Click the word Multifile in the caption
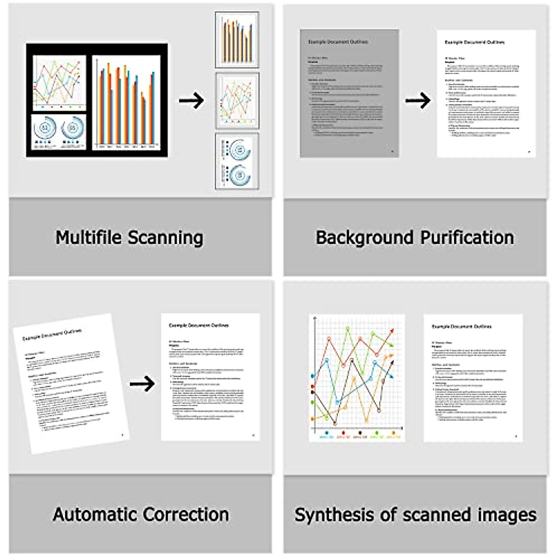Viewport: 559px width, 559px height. pos(89,238)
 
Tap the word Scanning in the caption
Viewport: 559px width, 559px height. pos(165,238)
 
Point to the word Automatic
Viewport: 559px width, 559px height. pos(95,515)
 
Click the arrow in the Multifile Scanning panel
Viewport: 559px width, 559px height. pos(191,100)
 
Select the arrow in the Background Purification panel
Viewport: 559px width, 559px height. pos(418,100)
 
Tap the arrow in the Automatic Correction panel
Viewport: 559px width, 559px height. pos(142,384)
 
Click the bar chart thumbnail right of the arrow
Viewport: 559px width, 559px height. pos(237,40)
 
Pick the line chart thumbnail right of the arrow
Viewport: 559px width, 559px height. pos(237,101)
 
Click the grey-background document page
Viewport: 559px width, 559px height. pos(349,93)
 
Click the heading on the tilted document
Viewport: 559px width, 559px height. pos(52,334)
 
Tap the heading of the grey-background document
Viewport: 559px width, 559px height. pos(338,42)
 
